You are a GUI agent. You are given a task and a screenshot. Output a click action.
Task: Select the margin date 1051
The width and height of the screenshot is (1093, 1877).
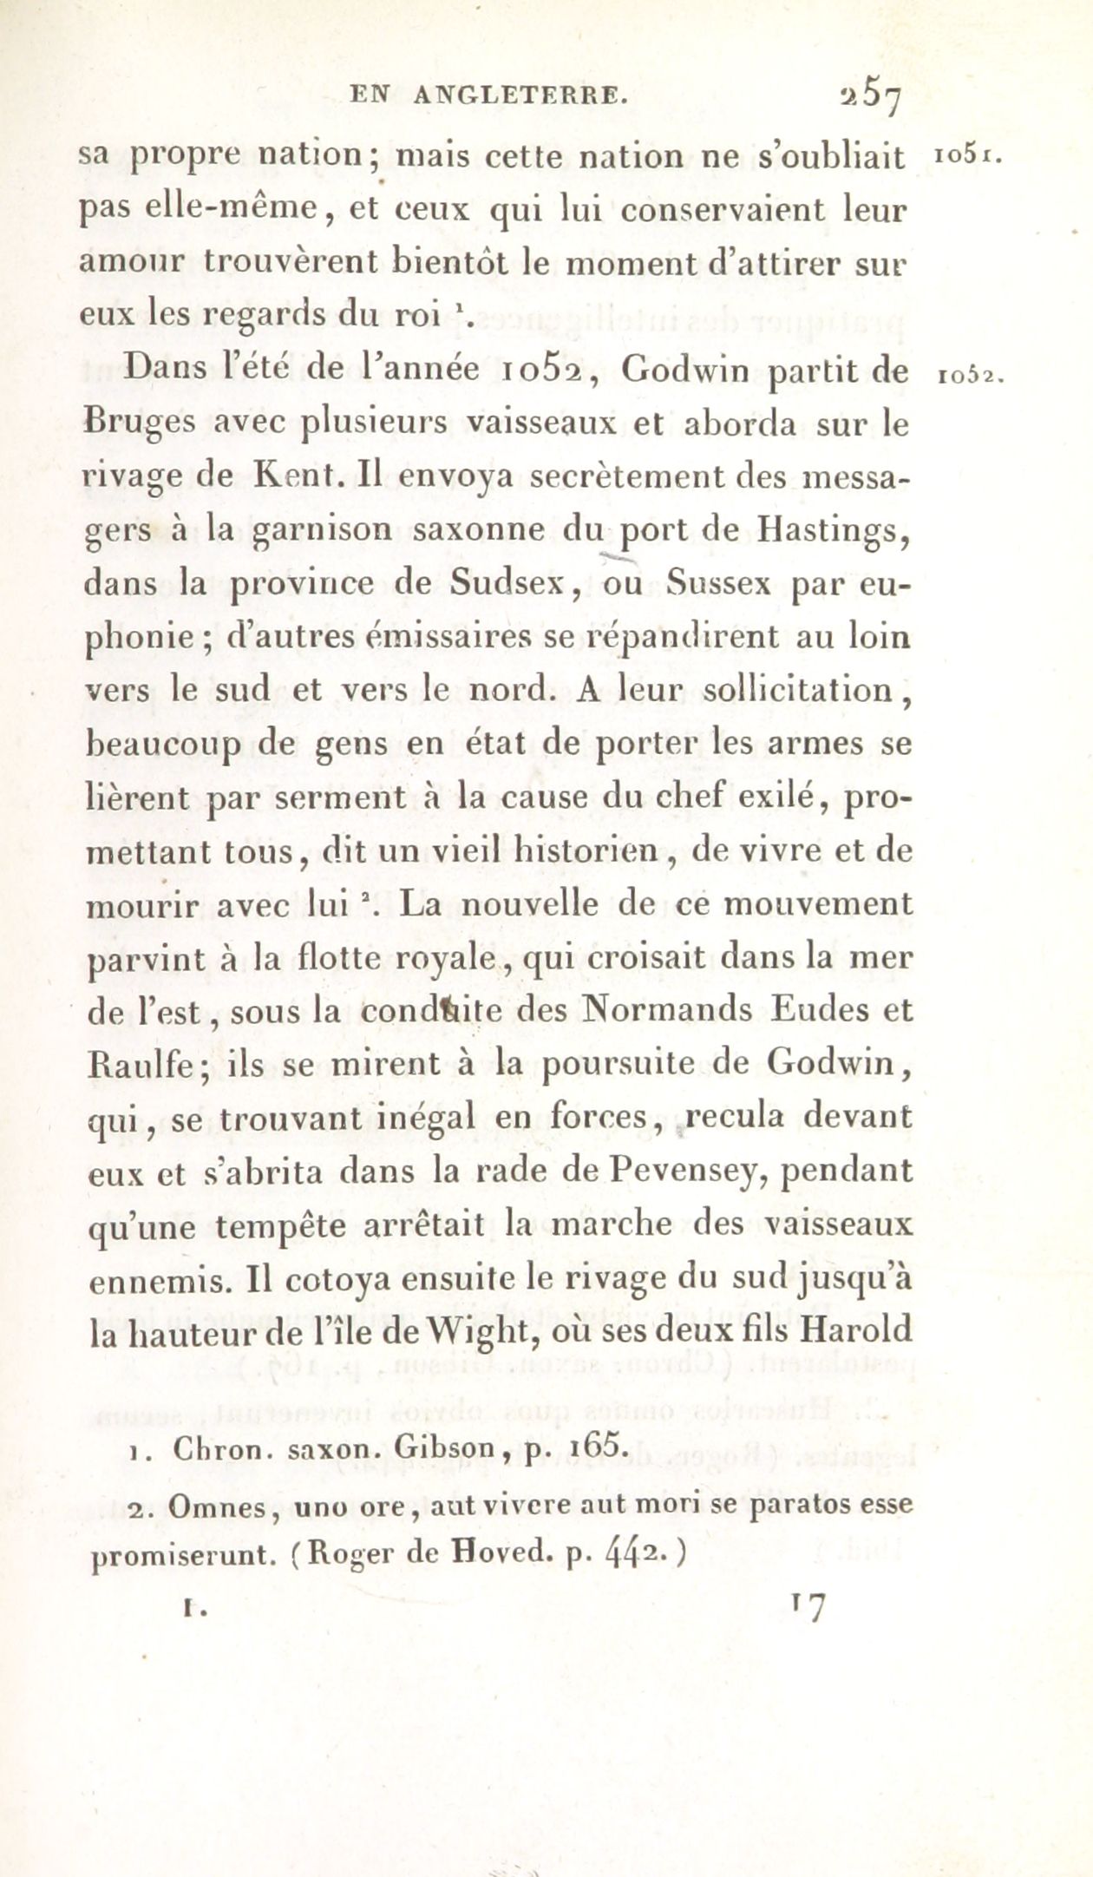[968, 157]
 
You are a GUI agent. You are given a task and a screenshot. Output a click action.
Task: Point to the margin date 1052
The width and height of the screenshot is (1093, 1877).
[969, 376]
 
